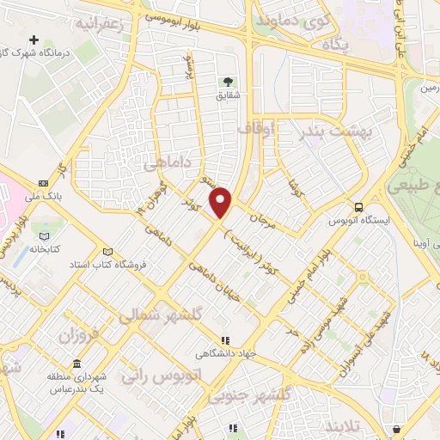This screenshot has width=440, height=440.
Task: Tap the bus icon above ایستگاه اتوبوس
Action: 359,207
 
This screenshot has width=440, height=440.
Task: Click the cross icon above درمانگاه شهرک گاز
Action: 34,40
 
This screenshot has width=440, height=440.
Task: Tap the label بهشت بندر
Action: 327,131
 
